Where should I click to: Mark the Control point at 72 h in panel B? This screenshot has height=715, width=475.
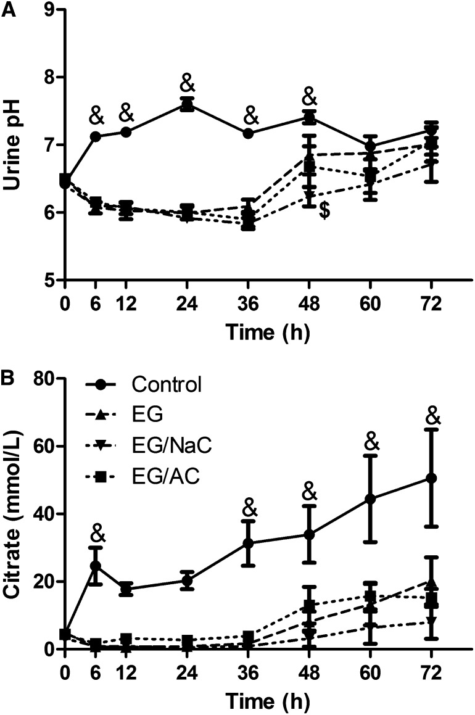[x=431, y=478]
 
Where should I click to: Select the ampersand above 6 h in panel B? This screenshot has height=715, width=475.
[x=96, y=532]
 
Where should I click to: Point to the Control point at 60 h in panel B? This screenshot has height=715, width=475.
[x=370, y=498]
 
